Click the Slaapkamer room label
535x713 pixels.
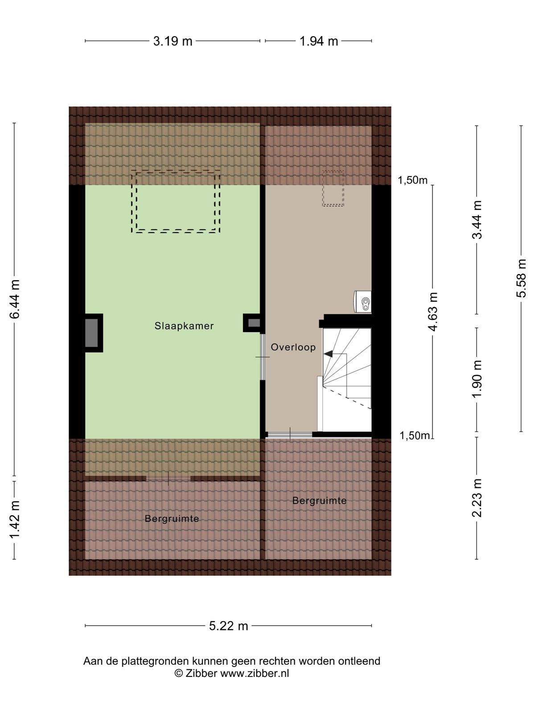[184, 326]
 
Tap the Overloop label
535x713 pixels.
[293, 347]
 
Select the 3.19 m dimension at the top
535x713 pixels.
[173, 41]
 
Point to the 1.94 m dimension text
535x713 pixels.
[319, 41]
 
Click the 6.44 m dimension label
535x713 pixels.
[15, 299]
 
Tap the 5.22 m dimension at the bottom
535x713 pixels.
[228, 626]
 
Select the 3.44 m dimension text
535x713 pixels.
[477, 220]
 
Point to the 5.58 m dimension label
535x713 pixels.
[521, 278]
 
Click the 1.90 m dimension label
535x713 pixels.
[477, 379]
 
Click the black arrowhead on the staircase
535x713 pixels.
[329, 354]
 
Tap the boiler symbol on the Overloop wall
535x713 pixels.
[362, 302]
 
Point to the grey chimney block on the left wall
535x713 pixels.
[91, 333]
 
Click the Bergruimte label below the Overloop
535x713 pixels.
[319, 500]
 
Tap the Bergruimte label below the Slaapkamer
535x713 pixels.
[172, 519]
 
